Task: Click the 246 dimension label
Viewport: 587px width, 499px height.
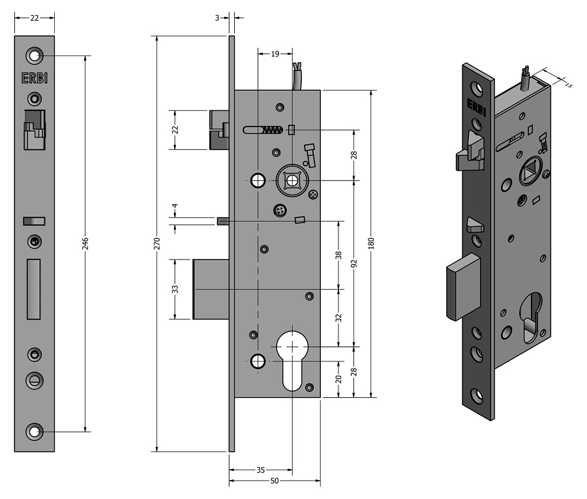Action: point(85,243)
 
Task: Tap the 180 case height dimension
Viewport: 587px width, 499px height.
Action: point(371,243)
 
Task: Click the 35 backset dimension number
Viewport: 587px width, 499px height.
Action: point(260,470)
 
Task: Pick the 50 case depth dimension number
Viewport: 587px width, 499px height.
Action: point(274,481)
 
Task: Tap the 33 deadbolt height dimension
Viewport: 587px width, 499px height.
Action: point(175,289)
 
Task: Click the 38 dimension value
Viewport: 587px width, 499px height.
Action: point(339,254)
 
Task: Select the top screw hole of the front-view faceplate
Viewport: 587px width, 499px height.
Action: point(35,55)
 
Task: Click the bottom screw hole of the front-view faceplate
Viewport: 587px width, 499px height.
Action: point(35,431)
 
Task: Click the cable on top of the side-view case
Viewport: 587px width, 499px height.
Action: point(297,77)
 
